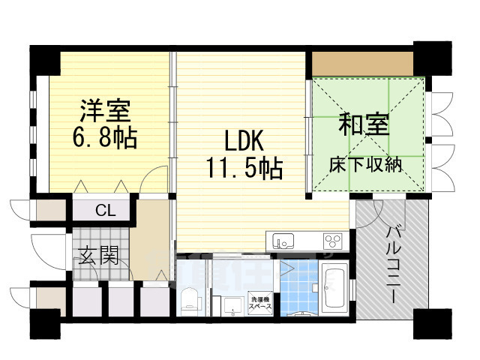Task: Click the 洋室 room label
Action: (x=106, y=111)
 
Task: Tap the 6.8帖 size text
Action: (x=106, y=137)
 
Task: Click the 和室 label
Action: (x=366, y=124)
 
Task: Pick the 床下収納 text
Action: (x=366, y=163)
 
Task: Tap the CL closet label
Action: (x=105, y=211)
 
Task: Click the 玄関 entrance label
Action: (x=98, y=256)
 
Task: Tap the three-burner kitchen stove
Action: (x=332, y=241)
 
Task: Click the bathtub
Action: (x=333, y=288)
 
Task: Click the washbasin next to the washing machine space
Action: (x=228, y=304)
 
